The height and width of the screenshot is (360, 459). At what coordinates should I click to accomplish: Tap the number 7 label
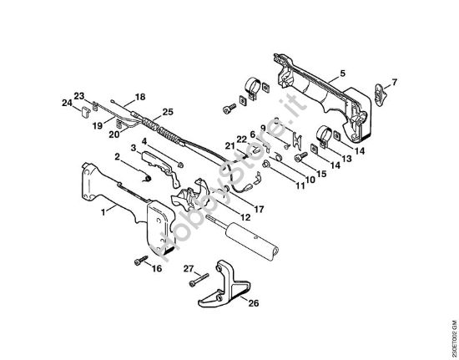point(395,82)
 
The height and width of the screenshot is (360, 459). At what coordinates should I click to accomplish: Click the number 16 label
point(156,271)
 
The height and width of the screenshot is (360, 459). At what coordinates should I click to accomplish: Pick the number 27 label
point(189,270)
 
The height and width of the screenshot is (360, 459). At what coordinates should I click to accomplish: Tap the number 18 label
point(140,97)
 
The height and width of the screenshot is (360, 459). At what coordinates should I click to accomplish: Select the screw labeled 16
point(137,262)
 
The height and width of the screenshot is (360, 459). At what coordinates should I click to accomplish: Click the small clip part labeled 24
point(87,109)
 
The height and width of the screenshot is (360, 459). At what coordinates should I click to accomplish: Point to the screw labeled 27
point(200,281)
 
